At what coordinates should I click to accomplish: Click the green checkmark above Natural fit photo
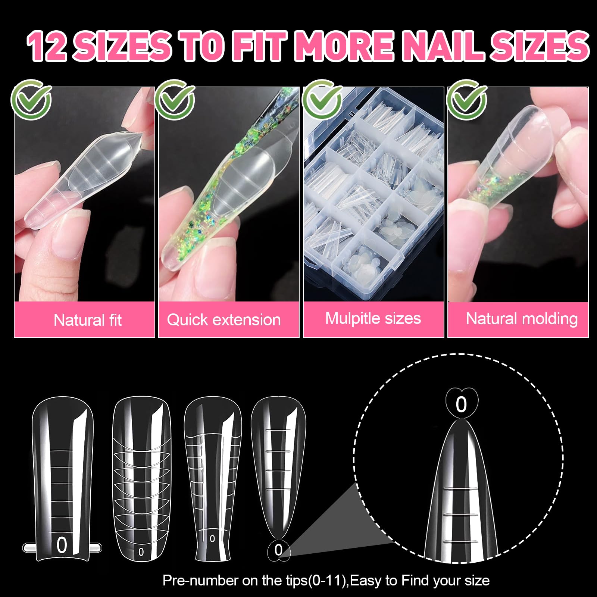click(x=31, y=100)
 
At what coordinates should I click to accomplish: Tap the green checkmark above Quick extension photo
click(x=175, y=100)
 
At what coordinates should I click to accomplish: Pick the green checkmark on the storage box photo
click(x=322, y=100)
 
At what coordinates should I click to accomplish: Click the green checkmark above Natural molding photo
click(x=467, y=100)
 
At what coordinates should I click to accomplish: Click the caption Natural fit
click(x=88, y=320)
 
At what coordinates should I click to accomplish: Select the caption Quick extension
click(x=224, y=320)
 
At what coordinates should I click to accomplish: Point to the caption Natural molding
click(x=522, y=319)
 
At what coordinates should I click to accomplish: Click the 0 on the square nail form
click(x=62, y=545)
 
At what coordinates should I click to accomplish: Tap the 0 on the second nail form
click(x=141, y=552)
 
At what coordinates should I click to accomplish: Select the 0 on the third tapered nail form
click(x=212, y=539)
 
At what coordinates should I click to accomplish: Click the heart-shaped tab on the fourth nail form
click(x=279, y=550)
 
